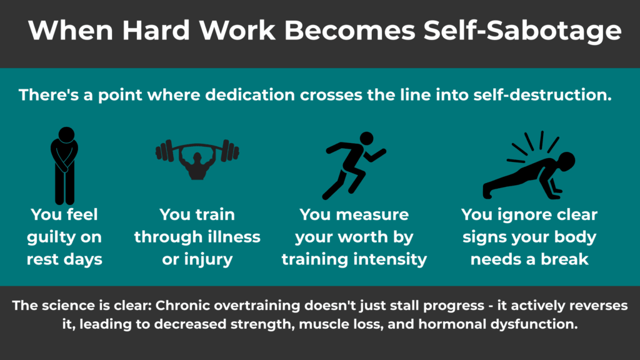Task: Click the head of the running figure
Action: tap(366, 139)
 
